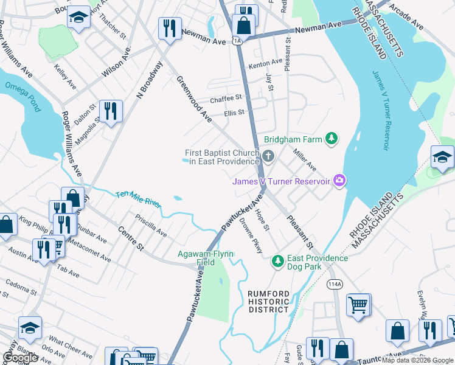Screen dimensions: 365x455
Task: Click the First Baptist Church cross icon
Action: tap(268, 158)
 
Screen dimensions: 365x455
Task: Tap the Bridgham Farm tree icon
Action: tap(332, 139)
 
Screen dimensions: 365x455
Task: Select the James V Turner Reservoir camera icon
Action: tap(339, 180)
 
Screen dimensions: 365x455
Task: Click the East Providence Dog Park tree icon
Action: tap(277, 262)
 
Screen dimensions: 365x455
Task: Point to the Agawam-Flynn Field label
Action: tap(197, 258)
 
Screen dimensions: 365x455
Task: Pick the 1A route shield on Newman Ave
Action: tap(237, 41)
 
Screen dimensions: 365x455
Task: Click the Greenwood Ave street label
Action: tap(193, 99)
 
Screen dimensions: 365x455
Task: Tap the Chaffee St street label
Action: tap(226, 97)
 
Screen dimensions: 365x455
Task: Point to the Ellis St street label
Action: tap(234, 113)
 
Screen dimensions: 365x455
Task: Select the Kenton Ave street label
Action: tap(265, 62)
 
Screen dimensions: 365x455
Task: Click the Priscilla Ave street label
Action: tap(151, 225)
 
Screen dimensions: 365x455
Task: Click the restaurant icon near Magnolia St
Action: tap(110, 111)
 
